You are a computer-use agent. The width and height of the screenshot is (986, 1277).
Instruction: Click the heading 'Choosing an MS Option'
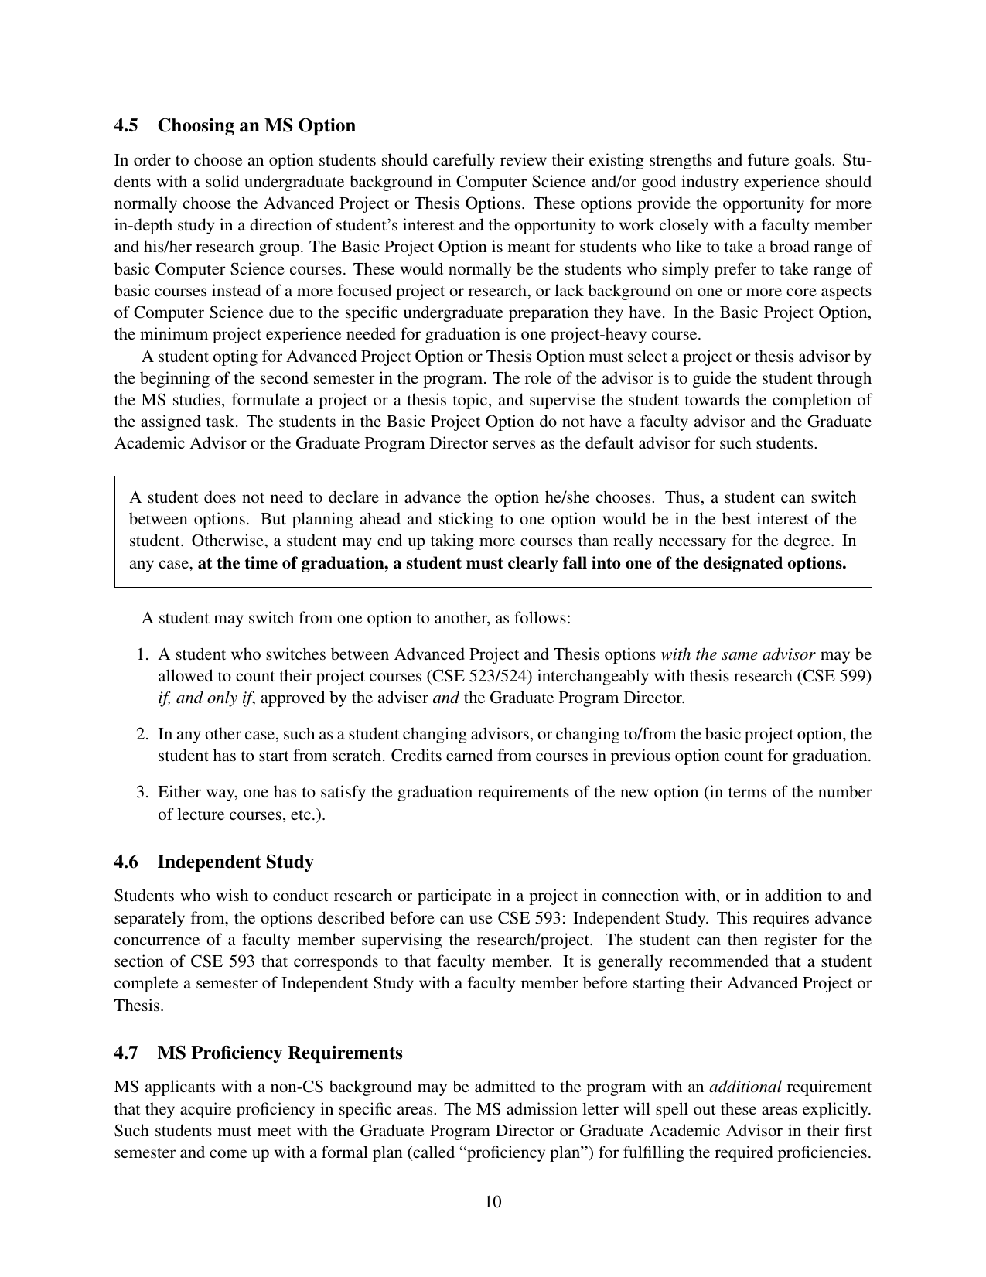(x=256, y=126)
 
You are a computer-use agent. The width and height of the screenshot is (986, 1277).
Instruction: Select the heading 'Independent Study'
(x=235, y=862)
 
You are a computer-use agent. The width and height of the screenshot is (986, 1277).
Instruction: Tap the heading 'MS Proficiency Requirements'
(x=279, y=1053)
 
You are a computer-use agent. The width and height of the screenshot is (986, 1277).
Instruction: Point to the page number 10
(x=493, y=1201)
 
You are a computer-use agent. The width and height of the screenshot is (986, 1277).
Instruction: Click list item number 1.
(x=142, y=654)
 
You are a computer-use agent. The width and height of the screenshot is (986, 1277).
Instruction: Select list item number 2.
(x=142, y=734)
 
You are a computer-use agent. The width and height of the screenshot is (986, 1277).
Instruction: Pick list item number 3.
(x=142, y=793)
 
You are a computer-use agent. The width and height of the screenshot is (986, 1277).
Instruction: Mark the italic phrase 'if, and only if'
(x=205, y=698)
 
